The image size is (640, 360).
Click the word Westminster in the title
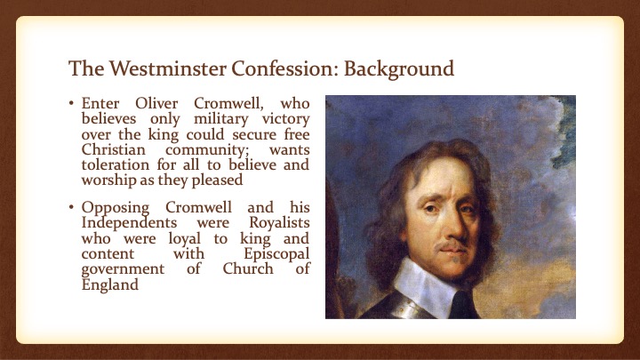167,68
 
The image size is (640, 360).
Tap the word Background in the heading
399,69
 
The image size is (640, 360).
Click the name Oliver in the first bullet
156,103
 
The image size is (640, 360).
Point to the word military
220,119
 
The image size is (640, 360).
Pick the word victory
285,119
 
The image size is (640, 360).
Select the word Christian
114,149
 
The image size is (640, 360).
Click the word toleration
116,165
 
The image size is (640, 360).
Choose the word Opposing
116,208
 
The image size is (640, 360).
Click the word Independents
130,223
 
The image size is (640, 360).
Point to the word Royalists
280,223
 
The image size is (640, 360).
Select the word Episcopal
276,254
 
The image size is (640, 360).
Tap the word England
110,284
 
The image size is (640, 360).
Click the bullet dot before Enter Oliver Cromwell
71,104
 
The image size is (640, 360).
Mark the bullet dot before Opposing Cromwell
71,207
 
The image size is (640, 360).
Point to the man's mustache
451,245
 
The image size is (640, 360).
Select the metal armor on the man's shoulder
402,305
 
